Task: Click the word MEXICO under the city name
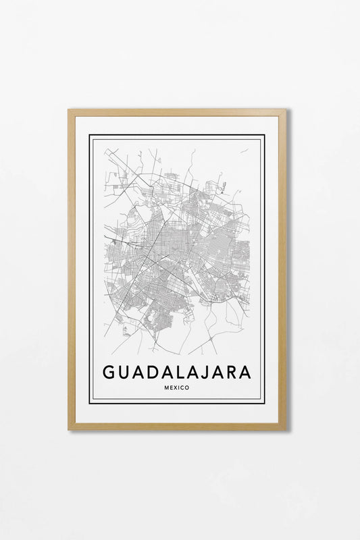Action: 177,387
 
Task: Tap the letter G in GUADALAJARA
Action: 109,372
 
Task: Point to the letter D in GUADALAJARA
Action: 152,372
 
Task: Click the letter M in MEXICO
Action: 166,387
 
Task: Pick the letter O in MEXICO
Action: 187,387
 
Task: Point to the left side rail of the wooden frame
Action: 72,270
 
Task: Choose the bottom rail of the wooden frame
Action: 177,426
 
